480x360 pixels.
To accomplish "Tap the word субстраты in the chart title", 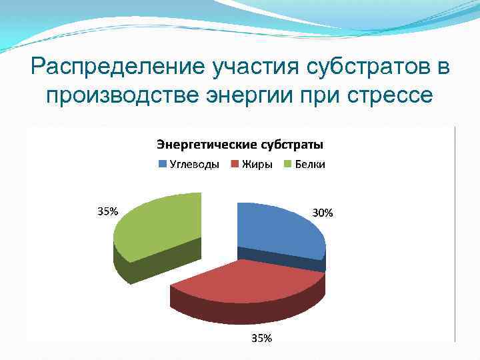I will click(293, 144).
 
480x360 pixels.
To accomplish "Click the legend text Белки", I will click(310, 165).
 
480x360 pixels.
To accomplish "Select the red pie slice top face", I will click(247, 280).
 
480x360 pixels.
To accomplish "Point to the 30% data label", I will click(323, 213).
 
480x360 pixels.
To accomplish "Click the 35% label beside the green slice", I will click(108, 211).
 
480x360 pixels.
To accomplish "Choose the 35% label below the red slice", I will click(261, 338).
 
